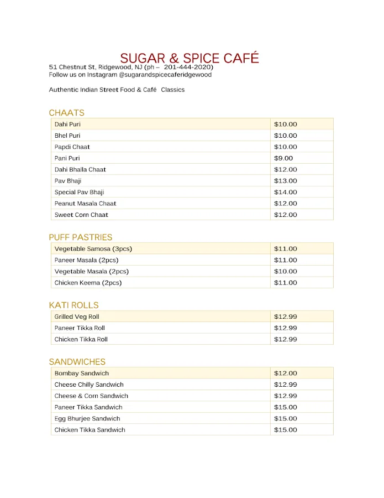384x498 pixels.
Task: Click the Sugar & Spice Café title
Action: [190, 58]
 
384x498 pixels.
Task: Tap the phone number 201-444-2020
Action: [188, 68]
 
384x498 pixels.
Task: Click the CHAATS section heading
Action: [66, 113]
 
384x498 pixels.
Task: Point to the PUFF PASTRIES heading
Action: [80, 237]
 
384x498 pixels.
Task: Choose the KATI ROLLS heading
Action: [73, 305]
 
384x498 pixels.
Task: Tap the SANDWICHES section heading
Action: [77, 362]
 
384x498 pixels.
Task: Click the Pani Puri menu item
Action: [67, 158]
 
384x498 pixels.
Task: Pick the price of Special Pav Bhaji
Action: [285, 192]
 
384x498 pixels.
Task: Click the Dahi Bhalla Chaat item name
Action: [80, 169]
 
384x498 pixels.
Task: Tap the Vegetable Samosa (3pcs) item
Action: [93, 249]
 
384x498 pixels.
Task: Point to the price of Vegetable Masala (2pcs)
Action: [285, 272]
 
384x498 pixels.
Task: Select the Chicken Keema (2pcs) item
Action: [88, 283]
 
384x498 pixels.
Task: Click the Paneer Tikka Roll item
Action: [80, 328]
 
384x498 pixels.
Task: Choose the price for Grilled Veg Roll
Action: [286, 317]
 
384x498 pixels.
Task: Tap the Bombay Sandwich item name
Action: [81, 373]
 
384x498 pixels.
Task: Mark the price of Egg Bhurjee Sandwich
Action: [285, 419]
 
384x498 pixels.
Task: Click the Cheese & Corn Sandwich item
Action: [91, 396]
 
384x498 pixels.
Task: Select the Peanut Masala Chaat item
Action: [85, 204]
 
